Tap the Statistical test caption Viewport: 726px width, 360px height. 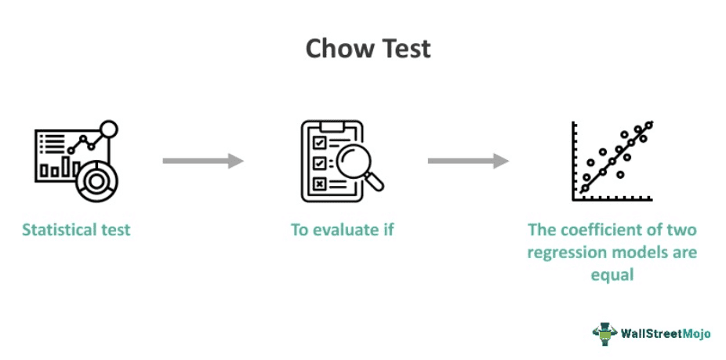[76, 230]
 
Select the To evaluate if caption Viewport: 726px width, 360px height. [342, 230]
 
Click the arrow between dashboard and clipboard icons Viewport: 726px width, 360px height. [203, 161]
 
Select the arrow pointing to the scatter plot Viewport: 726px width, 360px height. [468, 161]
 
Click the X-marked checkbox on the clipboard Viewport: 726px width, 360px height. [319, 184]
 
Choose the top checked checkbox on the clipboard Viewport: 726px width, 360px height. [319, 144]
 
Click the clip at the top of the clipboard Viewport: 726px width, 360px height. [332, 126]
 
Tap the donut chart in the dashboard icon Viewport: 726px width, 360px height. [96, 181]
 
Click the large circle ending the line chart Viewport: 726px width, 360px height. [109, 129]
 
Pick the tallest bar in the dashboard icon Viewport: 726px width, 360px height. [66, 166]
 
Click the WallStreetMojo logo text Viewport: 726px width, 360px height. [666, 334]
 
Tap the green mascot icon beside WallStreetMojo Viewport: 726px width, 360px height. [604, 334]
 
